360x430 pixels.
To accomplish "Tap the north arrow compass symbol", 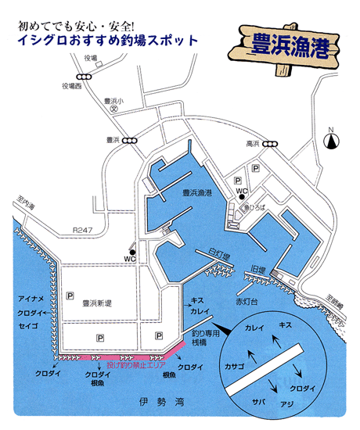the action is (x=333, y=142).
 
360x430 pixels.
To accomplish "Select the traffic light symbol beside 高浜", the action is (x=271, y=143).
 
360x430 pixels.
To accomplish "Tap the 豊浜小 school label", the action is (x=114, y=102).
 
